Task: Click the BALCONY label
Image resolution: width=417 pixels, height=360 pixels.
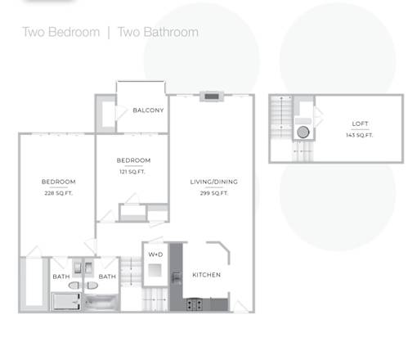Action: [x=148, y=110]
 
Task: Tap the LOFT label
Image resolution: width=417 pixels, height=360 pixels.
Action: [x=360, y=124]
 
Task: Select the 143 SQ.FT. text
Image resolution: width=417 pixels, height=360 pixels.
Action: [x=359, y=135]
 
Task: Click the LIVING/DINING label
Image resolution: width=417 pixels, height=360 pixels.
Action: [x=213, y=182]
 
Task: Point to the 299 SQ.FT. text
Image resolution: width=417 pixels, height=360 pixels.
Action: [x=214, y=193]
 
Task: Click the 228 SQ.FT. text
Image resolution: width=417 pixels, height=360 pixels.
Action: [x=58, y=193]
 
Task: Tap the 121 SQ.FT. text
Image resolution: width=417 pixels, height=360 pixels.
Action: [x=132, y=172]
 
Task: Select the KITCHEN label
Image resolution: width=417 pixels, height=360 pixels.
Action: [x=206, y=275]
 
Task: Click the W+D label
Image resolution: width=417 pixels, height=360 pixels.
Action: [x=155, y=254]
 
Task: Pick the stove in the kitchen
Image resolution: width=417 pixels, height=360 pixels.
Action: [x=195, y=304]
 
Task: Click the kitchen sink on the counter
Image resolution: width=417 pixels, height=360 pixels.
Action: [x=176, y=277]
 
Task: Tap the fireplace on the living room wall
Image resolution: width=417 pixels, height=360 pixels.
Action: [x=212, y=97]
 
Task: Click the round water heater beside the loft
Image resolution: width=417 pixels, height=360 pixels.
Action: [x=303, y=133]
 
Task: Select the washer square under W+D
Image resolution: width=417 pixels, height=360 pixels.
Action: [x=155, y=270]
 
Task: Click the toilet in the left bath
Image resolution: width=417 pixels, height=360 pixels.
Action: [x=74, y=286]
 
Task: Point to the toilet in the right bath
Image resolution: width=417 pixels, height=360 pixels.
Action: [x=92, y=286]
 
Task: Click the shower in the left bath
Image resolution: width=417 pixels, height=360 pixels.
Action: [x=66, y=301]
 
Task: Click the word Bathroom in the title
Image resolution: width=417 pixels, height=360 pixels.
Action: [x=171, y=32]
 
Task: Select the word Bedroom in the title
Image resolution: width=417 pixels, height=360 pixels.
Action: [x=74, y=32]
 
